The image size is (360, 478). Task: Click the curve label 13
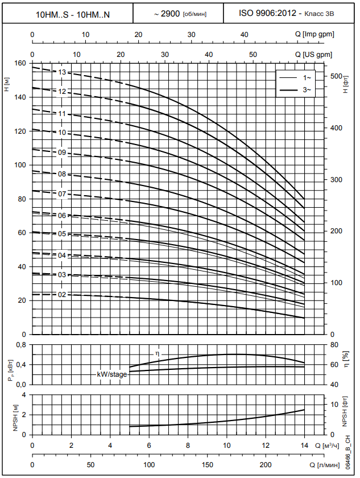pos(63,72)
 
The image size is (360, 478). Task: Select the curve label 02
pos(63,295)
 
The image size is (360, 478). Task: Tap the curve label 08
pos(63,174)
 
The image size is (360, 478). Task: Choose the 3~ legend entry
pos(307,90)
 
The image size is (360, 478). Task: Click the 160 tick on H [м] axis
pos(20,63)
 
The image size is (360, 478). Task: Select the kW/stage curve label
pos(111,374)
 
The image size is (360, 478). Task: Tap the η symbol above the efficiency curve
pos(158,354)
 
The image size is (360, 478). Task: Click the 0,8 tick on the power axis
pos(20,345)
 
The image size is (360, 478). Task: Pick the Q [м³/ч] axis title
pos(326,445)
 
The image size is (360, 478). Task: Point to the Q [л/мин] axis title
pos(327,465)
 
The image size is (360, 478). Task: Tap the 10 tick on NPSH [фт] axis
pos(335,404)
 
